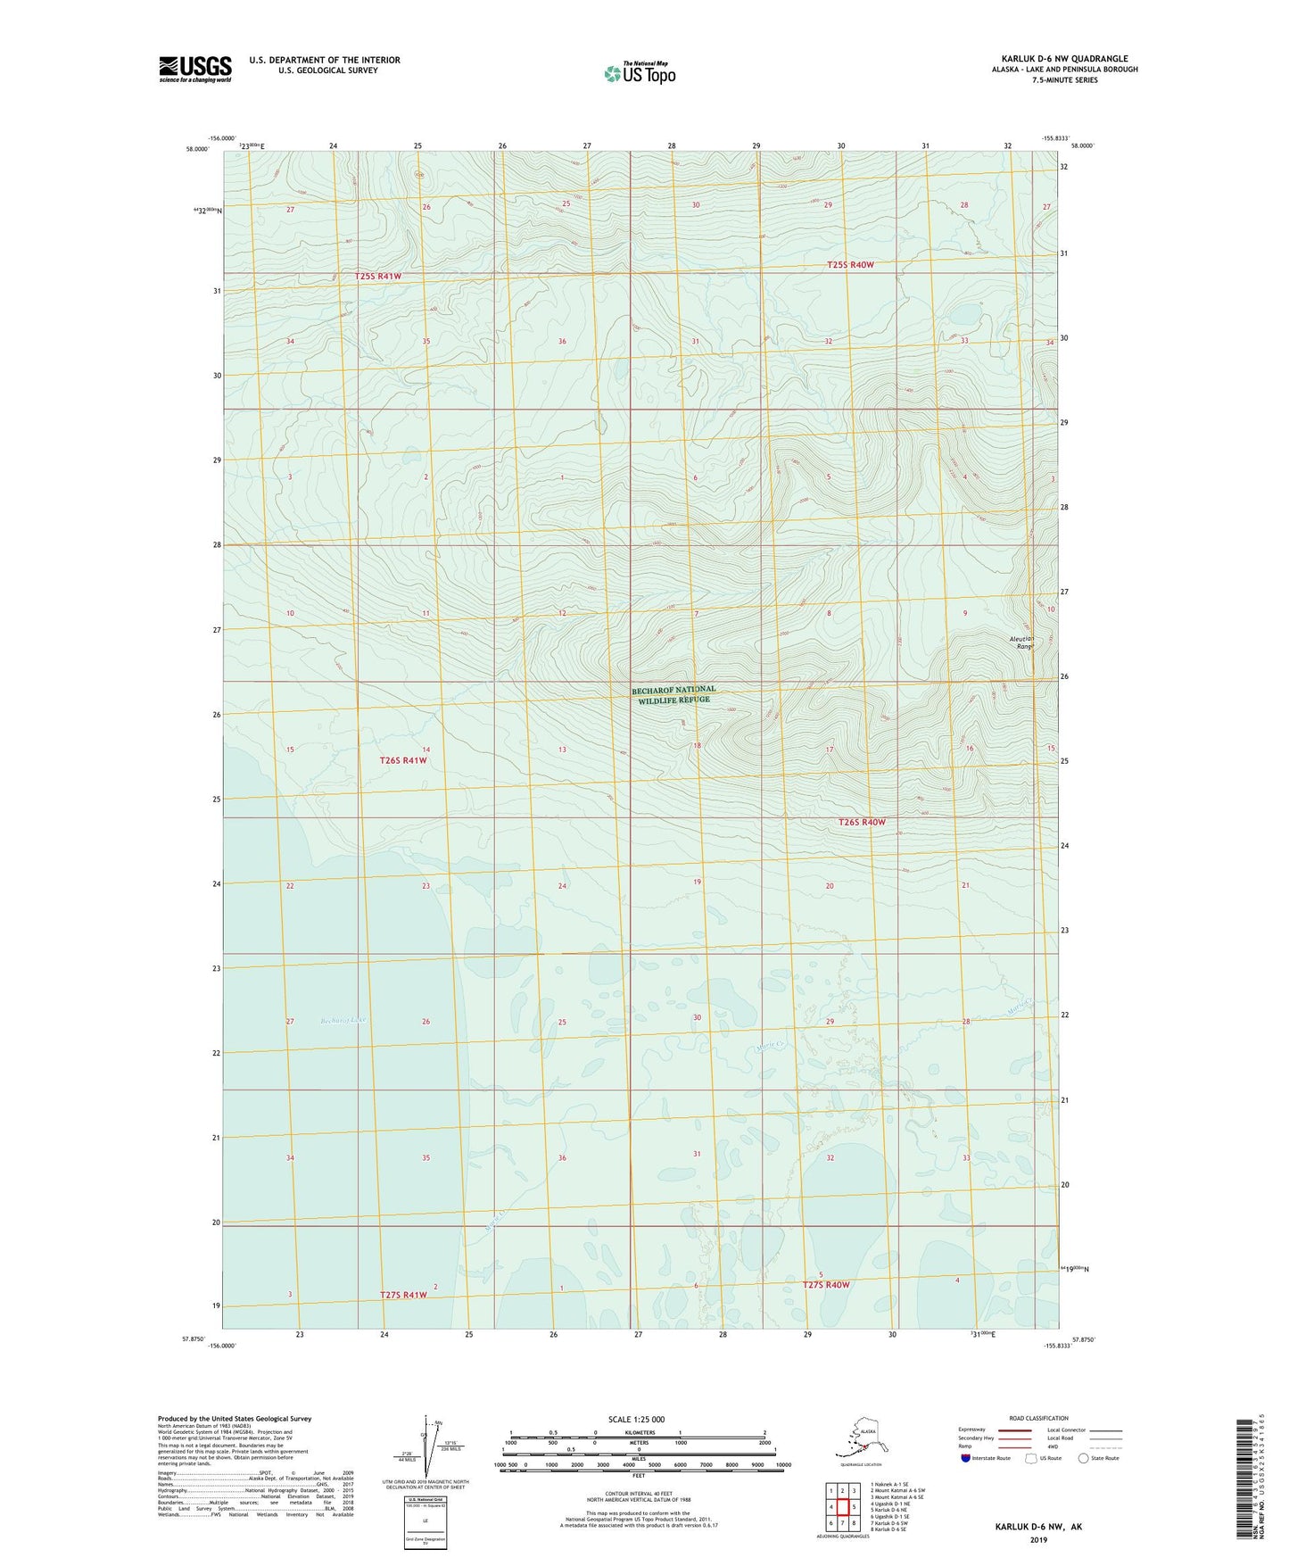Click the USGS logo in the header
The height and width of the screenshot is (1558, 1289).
(x=194, y=69)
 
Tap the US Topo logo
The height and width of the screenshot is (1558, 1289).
(x=639, y=72)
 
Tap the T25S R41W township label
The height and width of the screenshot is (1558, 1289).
(x=378, y=277)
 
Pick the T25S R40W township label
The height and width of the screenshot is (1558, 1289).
(x=849, y=265)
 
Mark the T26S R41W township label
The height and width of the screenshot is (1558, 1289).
(x=403, y=760)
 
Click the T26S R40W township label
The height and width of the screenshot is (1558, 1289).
(x=862, y=822)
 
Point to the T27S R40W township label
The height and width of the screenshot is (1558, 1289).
(x=825, y=1285)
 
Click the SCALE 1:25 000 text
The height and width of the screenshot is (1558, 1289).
(x=636, y=1420)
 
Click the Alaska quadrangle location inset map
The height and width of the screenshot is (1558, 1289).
(x=859, y=1441)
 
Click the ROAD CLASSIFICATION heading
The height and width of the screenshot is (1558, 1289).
(x=1038, y=1418)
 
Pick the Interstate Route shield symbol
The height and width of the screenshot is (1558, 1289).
(x=966, y=1458)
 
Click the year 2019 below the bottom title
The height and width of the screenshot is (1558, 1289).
(x=1037, y=1539)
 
